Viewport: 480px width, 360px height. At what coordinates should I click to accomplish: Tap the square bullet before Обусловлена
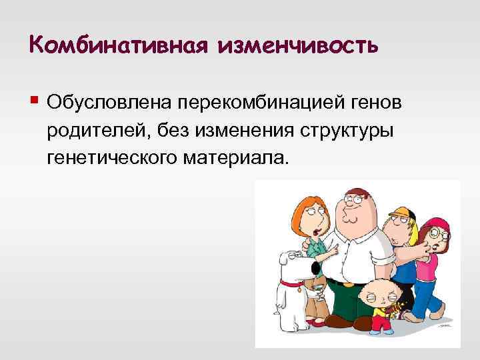pyautogui.click(x=34, y=101)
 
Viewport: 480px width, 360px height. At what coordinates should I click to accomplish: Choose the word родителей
pyautogui.click(x=98, y=131)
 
